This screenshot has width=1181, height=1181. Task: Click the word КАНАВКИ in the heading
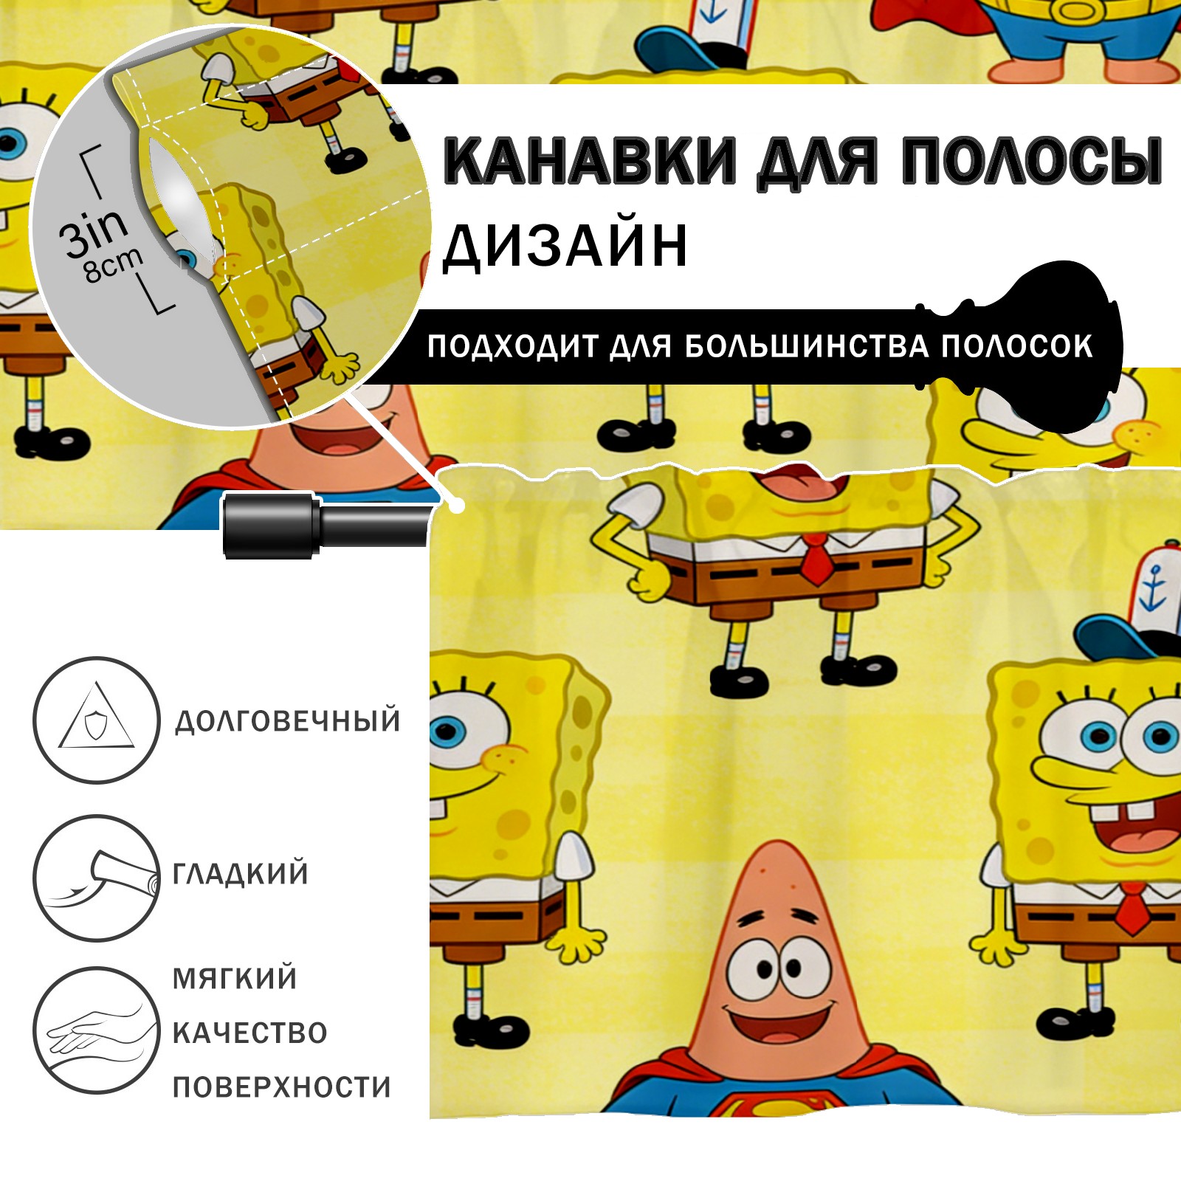[590, 160]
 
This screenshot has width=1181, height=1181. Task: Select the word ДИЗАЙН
[565, 245]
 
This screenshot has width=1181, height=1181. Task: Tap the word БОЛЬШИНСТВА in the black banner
[806, 346]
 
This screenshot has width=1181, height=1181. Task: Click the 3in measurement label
[93, 233]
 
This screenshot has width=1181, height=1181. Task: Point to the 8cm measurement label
[113, 266]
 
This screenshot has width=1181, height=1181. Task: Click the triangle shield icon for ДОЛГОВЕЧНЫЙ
[96, 720]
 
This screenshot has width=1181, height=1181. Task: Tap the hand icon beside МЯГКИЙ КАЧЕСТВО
[96, 1030]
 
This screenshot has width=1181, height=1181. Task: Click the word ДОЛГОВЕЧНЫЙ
[288, 721]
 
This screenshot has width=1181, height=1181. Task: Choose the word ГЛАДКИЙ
[241, 874]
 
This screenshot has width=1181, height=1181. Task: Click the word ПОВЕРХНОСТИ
[282, 1087]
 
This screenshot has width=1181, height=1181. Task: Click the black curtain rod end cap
[270, 525]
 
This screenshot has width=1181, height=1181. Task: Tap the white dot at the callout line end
[458, 506]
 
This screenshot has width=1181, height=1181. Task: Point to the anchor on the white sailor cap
[1152, 592]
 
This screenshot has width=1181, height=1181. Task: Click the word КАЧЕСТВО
[250, 1033]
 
